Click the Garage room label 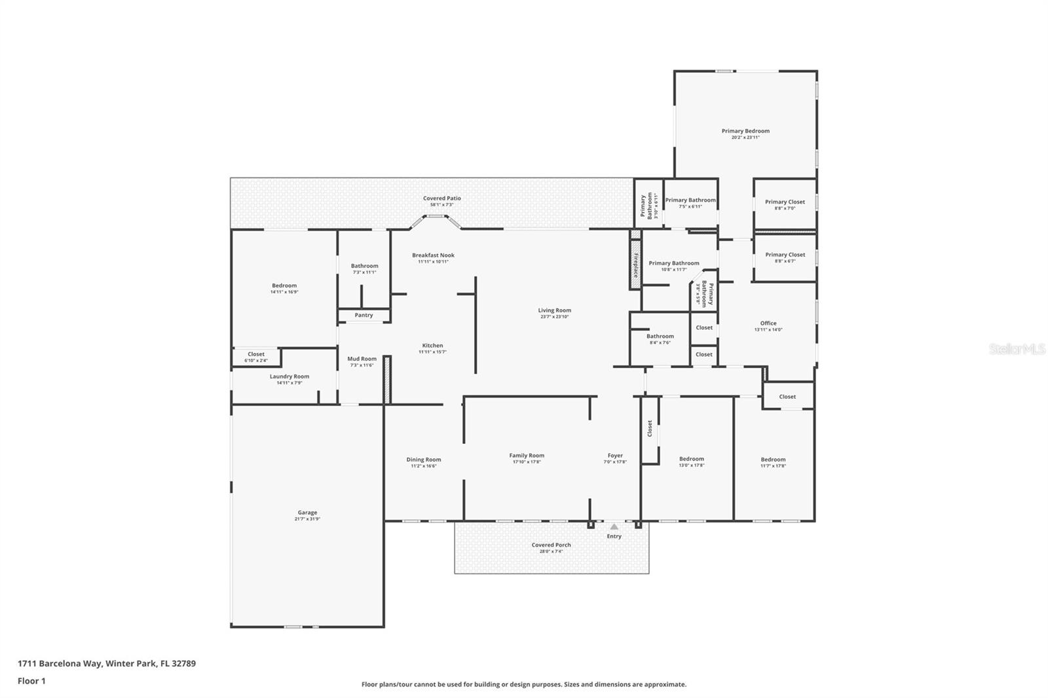307,513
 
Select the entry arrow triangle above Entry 614,526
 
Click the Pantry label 364,315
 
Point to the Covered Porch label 551,545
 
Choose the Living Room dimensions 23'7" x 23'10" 555,317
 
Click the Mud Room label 362,359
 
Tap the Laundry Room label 289,377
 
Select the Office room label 768,323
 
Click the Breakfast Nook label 433,255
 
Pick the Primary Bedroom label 745,131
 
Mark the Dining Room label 423,460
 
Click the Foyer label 615,456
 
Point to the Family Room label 527,456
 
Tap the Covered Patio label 441,198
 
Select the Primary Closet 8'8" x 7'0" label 785,202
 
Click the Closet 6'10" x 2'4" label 256,354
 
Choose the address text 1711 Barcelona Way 60,663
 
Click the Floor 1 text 31,681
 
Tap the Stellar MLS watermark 1017,350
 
